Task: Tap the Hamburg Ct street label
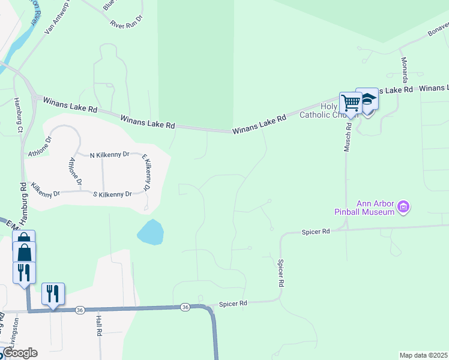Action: pos(19,115)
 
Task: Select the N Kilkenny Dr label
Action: pos(109,154)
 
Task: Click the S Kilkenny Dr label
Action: pos(112,194)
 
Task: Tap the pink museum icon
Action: pos(404,208)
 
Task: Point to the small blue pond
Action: pos(151,232)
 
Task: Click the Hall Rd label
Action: pos(98,326)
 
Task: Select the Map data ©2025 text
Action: pos(423,355)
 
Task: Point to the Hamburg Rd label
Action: pos(23,195)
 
